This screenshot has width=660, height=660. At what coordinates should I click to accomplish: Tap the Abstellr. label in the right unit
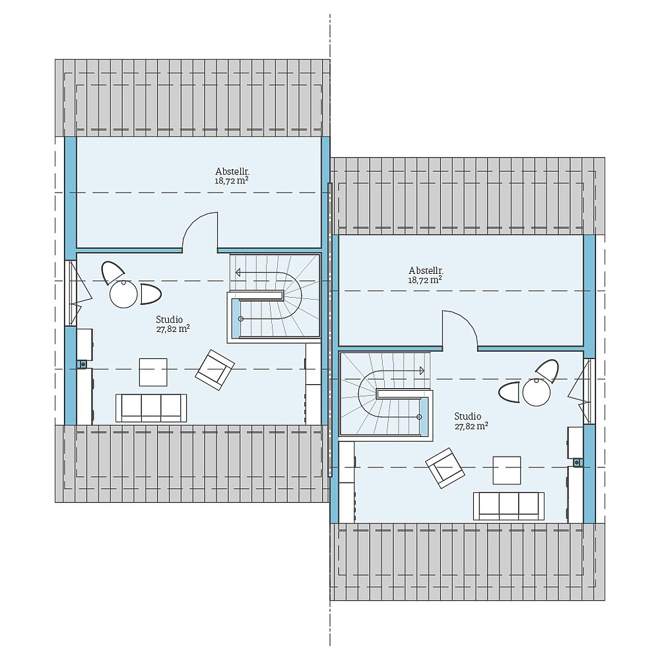(x=426, y=271)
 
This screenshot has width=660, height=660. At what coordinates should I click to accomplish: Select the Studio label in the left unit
(x=170, y=319)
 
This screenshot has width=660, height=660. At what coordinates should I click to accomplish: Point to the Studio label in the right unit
(x=468, y=416)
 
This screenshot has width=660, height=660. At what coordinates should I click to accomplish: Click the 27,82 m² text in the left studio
(x=170, y=328)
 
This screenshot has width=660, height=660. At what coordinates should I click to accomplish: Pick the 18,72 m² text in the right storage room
(x=426, y=280)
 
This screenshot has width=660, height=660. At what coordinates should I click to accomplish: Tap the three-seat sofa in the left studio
(x=151, y=408)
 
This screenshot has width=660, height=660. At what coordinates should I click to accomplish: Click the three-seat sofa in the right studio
(x=509, y=506)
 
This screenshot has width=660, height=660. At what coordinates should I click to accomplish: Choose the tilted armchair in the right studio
(x=445, y=467)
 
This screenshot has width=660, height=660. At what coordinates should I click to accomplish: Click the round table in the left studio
(x=123, y=294)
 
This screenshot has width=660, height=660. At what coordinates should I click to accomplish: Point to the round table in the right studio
(x=537, y=393)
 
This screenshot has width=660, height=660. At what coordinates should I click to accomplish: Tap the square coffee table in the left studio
(x=153, y=372)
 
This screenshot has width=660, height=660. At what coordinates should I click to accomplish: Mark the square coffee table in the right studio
(x=507, y=470)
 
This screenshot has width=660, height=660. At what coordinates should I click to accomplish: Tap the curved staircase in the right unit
(x=386, y=394)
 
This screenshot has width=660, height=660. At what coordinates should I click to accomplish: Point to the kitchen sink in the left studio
(x=83, y=363)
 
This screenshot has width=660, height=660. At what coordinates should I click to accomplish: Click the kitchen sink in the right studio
(x=577, y=462)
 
